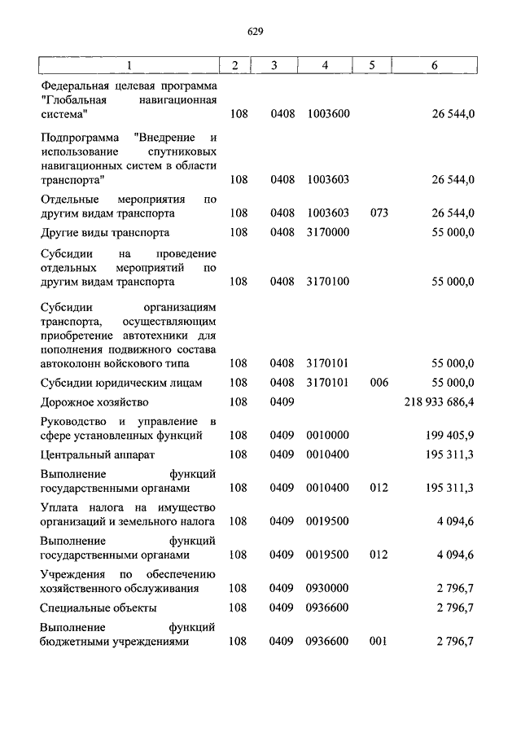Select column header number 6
click(434, 65)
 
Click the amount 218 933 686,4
click(439, 401)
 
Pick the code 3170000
click(328, 232)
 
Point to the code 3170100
click(328, 282)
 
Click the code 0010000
click(328, 436)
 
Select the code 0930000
click(328, 588)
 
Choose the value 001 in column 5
click(378, 641)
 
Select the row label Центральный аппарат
click(97, 454)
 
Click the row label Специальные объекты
click(99, 608)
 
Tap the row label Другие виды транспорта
click(104, 232)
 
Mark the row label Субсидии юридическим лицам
click(120, 382)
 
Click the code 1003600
click(328, 113)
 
